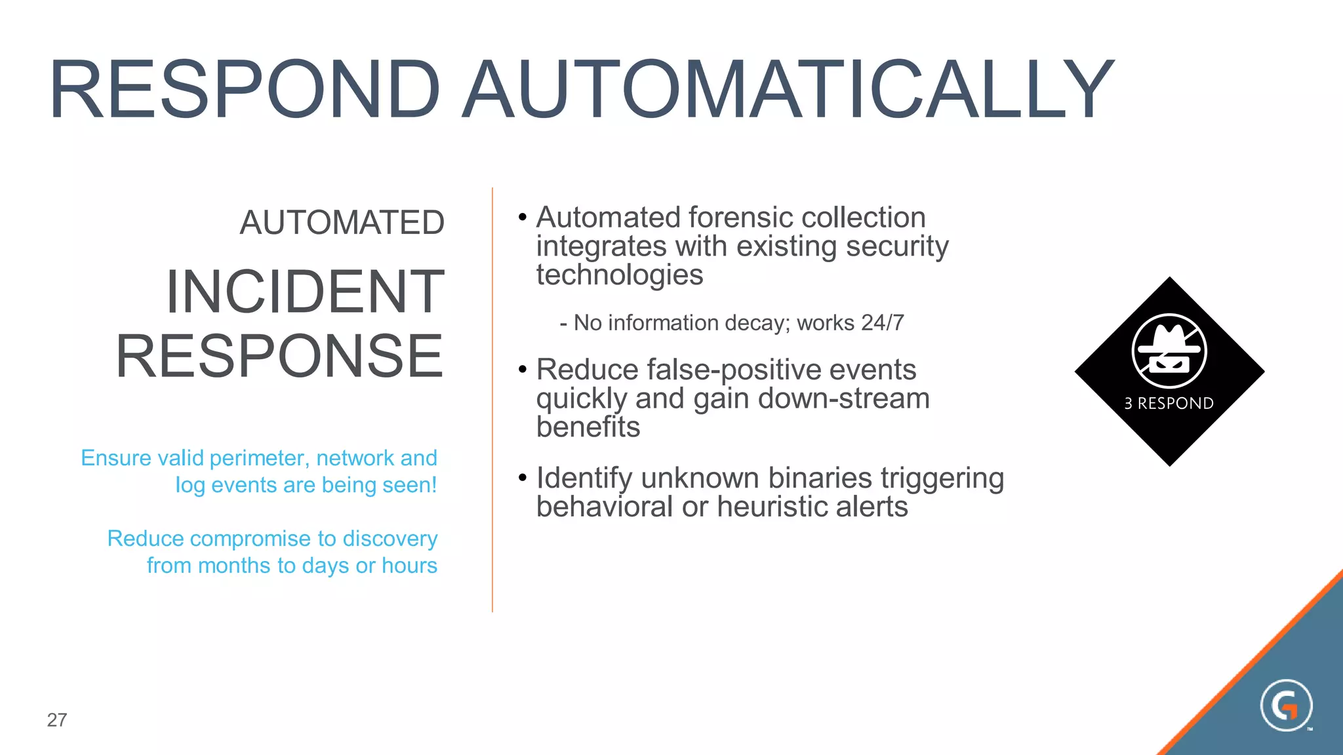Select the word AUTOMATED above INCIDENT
[x=342, y=223]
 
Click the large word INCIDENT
[x=305, y=292]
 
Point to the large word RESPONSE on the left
[x=280, y=356]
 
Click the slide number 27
[x=57, y=720]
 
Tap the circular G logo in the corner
[x=1286, y=705]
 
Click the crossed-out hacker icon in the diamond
[x=1169, y=351]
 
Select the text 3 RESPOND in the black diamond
[x=1169, y=403]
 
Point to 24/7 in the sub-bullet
[x=883, y=322]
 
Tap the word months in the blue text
[x=234, y=565]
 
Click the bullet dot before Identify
[x=522, y=477]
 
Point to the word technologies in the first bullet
[x=619, y=275]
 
